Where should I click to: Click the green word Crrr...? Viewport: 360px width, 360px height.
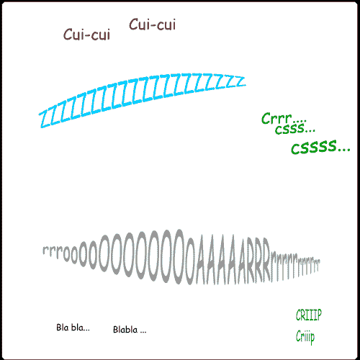tap(276, 119)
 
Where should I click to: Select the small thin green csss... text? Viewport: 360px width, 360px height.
tap(295, 129)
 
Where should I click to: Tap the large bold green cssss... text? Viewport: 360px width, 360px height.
tap(320, 147)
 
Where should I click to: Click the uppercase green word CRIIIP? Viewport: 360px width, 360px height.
tap(309, 315)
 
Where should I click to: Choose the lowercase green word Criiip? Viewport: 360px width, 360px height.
tap(305, 337)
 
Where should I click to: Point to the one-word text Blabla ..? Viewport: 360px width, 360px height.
tap(125, 330)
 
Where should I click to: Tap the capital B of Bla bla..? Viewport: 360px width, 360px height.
tap(59, 328)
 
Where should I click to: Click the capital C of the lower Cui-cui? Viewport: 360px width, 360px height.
tap(68, 35)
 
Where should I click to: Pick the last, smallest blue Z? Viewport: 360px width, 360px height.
tap(240, 81)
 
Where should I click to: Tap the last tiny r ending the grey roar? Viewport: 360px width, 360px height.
tap(319, 266)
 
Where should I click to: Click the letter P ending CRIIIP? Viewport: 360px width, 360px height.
tap(319, 315)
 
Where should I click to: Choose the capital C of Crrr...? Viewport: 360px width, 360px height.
tap(266, 119)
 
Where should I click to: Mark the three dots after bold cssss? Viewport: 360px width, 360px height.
tap(344, 149)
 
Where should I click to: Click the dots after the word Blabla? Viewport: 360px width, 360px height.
tap(143, 333)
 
